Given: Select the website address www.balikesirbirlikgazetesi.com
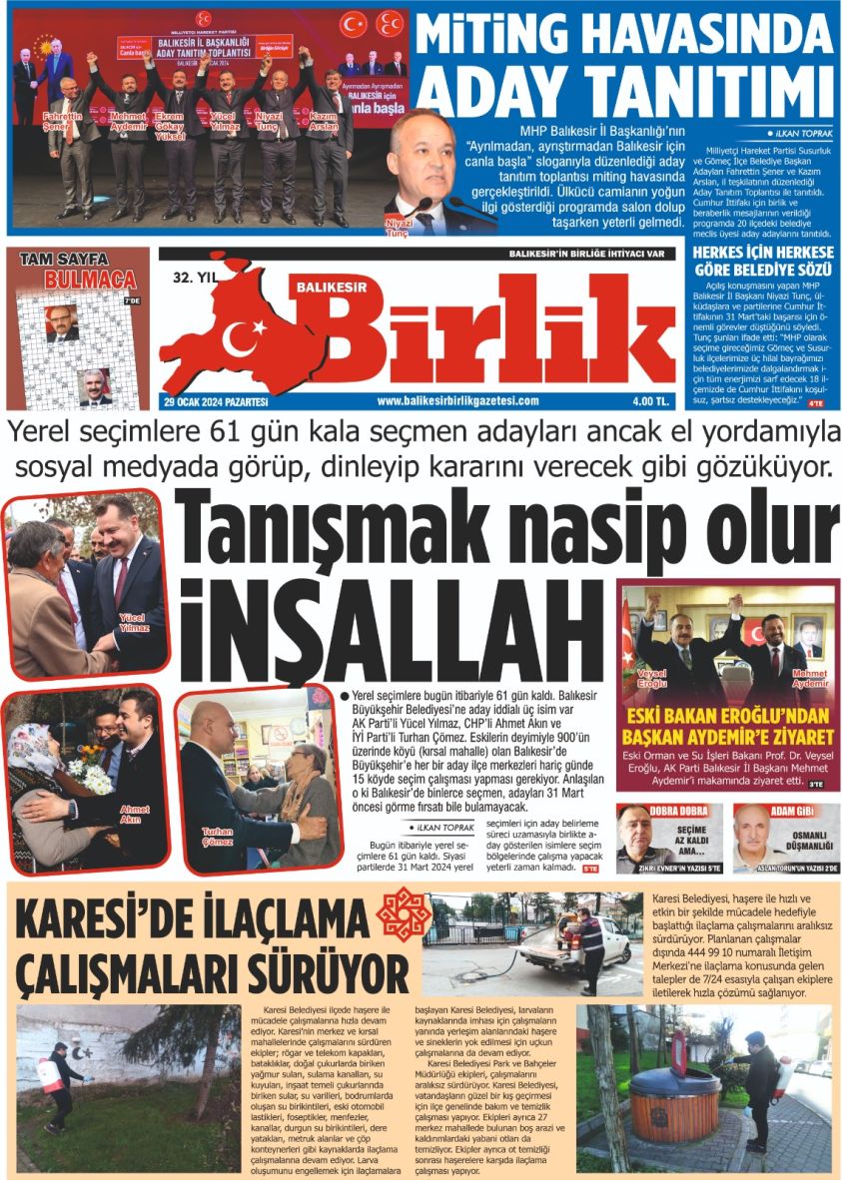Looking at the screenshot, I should (x=457, y=401).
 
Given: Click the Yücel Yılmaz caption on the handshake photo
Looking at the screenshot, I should (x=133, y=623).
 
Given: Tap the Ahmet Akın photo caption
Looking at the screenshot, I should (x=134, y=814).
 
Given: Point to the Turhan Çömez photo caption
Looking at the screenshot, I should (x=218, y=836).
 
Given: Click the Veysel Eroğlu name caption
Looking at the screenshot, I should (x=651, y=679).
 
